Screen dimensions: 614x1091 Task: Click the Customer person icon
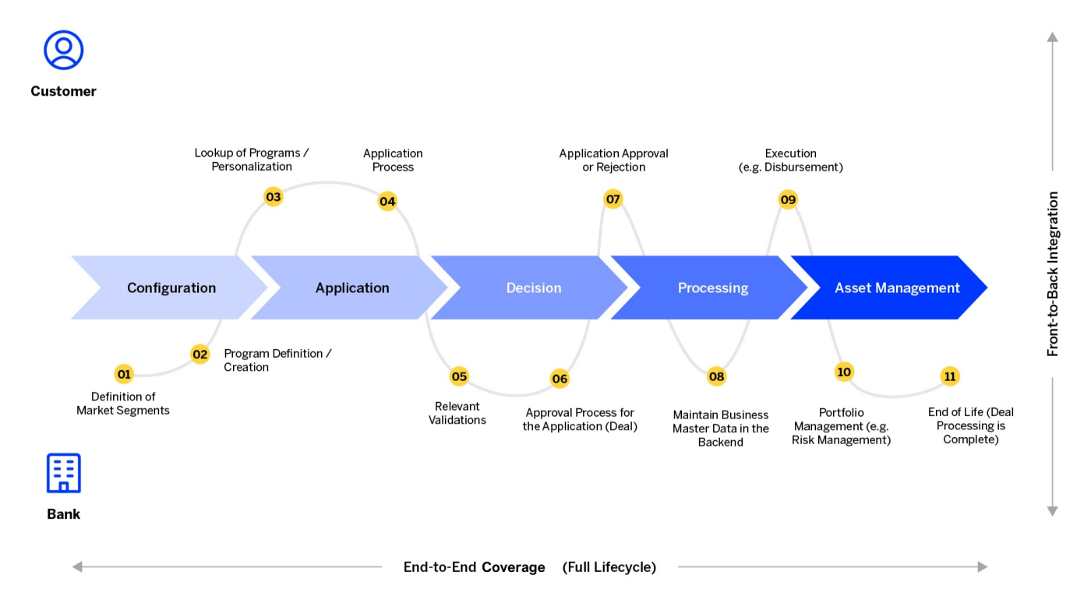(63, 51)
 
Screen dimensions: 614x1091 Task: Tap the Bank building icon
(63, 473)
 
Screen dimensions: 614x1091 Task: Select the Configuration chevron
(171, 288)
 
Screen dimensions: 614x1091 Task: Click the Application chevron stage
(351, 288)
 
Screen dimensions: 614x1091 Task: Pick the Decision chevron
(533, 288)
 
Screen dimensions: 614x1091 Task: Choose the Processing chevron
(712, 288)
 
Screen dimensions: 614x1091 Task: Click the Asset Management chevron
(896, 288)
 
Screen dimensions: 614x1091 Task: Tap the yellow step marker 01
(124, 375)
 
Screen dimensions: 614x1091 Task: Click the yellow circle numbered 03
(273, 197)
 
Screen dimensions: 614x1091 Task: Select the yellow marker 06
(560, 379)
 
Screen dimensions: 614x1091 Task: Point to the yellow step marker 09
(788, 200)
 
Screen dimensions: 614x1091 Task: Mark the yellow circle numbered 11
(949, 377)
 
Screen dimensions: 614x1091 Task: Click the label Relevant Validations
(457, 413)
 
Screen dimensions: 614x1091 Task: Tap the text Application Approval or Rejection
(613, 161)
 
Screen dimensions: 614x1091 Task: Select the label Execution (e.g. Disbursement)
(790, 161)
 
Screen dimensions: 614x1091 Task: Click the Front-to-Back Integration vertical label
(1053, 274)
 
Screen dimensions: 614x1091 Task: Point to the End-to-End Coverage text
(474, 567)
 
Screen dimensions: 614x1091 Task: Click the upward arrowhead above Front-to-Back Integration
(1053, 37)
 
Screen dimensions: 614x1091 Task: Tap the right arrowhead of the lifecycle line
(983, 567)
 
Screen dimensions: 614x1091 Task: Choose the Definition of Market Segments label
(123, 404)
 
